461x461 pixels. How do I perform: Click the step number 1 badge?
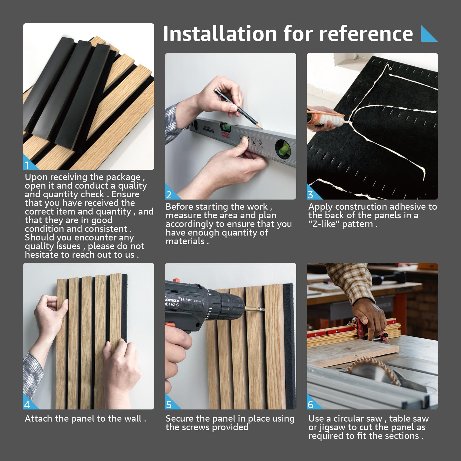[27, 165]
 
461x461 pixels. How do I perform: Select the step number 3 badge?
[310, 195]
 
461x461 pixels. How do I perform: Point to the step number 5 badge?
[169, 405]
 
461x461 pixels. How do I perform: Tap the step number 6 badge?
[310, 405]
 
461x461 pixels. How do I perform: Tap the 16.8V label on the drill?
[186, 300]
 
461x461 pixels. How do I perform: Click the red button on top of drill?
[175, 280]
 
